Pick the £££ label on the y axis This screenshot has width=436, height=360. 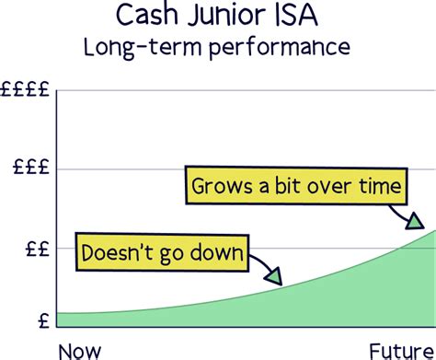coord(30,169)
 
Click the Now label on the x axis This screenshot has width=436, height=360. coord(80,349)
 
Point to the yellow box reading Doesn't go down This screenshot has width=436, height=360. coord(159,252)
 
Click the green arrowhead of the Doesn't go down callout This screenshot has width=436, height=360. coord(274,274)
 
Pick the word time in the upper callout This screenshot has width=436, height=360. coord(382,188)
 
